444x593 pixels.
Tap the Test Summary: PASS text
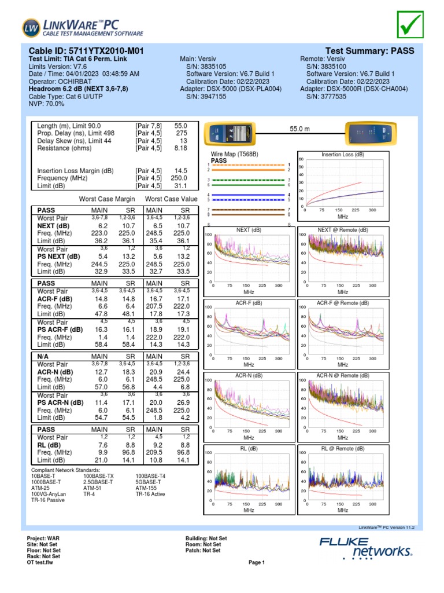tap(370, 51)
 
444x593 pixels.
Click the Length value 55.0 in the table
tap(181, 125)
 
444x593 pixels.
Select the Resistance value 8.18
tap(181, 148)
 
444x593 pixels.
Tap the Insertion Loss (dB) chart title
tap(343, 155)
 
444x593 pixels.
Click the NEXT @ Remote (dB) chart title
tap(343, 230)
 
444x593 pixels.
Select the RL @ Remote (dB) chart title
tap(343, 448)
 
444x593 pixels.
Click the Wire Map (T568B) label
tap(234, 155)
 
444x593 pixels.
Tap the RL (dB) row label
tap(50, 445)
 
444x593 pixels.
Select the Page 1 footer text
tap(256, 562)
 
